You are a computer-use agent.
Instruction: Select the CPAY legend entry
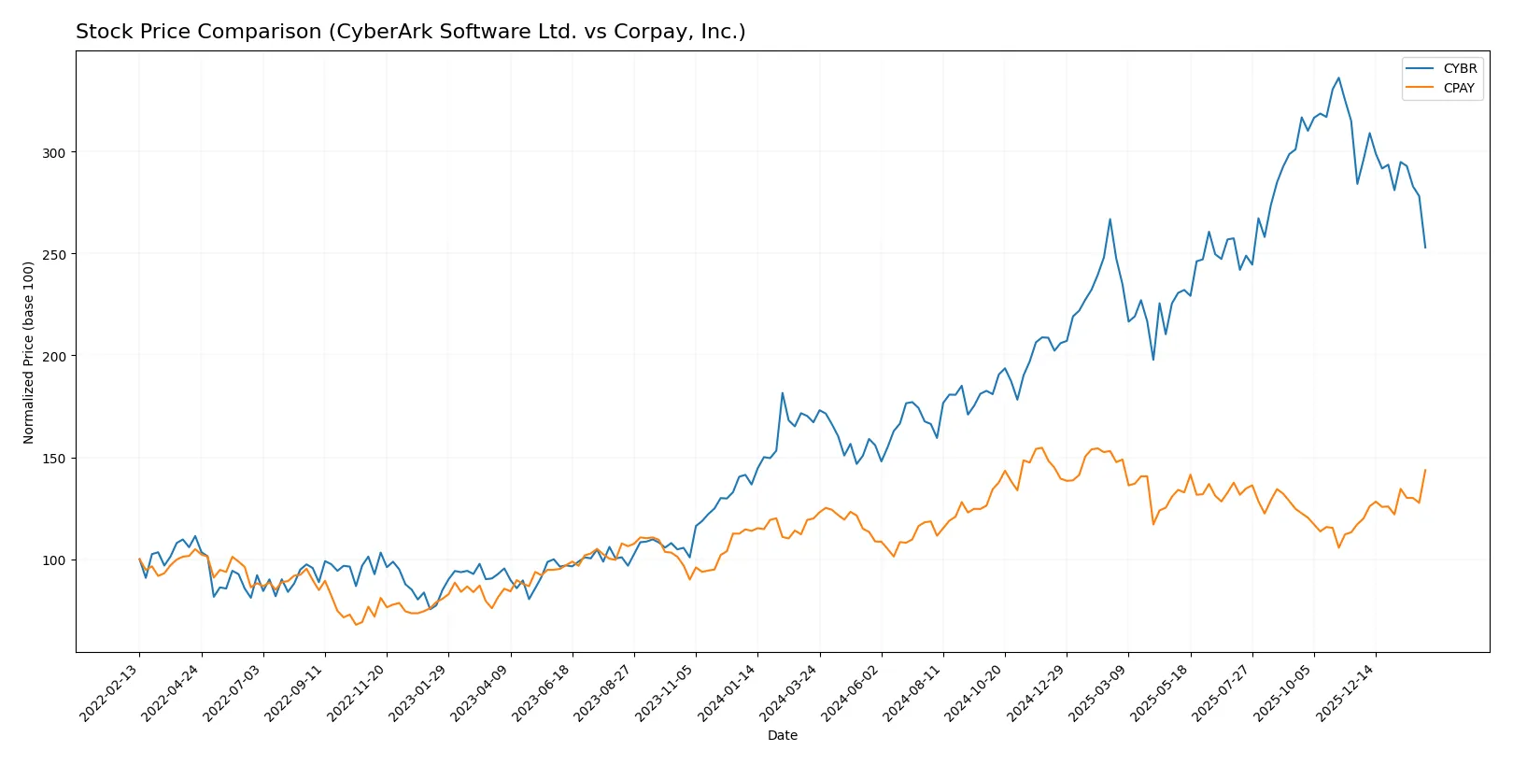[1458, 88]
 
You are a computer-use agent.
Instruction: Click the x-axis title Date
[782, 735]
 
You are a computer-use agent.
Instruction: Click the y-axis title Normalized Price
[28, 352]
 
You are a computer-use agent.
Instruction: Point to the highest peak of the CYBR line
[1338, 78]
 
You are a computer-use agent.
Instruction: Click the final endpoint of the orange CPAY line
[1425, 470]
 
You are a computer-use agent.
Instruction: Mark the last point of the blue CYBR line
[1425, 248]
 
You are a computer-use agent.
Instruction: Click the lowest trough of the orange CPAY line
[355, 624]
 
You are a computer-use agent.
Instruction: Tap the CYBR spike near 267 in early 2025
[1110, 220]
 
